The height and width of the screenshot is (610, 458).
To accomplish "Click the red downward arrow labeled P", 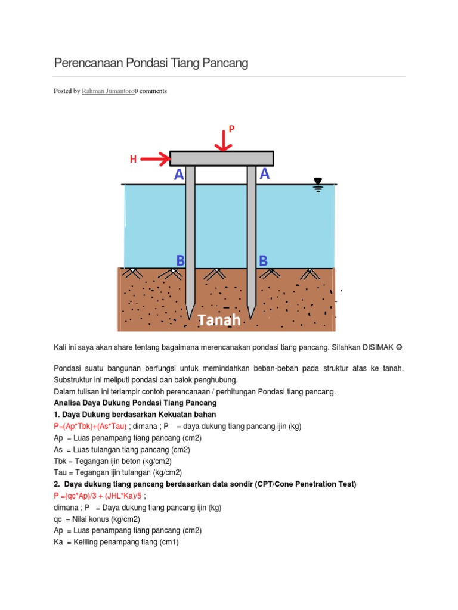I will pyautogui.click(x=223, y=141).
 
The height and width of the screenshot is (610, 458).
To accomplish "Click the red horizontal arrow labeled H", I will pyautogui.click(x=156, y=159).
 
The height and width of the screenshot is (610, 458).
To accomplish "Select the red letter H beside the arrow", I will pyautogui.click(x=134, y=159).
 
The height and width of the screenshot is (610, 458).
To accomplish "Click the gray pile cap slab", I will pyautogui.click(x=222, y=158).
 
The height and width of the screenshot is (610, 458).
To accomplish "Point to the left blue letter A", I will pyautogui.click(x=179, y=175).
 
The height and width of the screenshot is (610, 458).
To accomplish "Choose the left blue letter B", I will pyautogui.click(x=181, y=260).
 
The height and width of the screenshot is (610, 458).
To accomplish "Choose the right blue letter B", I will pyautogui.click(x=263, y=261).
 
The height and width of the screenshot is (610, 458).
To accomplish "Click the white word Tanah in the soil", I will pyautogui.click(x=219, y=320).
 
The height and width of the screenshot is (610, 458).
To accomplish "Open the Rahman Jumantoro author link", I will pyautogui.click(x=108, y=91).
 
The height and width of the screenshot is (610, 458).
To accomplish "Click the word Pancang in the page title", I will pyautogui.click(x=225, y=63).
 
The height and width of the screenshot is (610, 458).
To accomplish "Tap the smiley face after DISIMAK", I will pyautogui.click(x=400, y=346).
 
